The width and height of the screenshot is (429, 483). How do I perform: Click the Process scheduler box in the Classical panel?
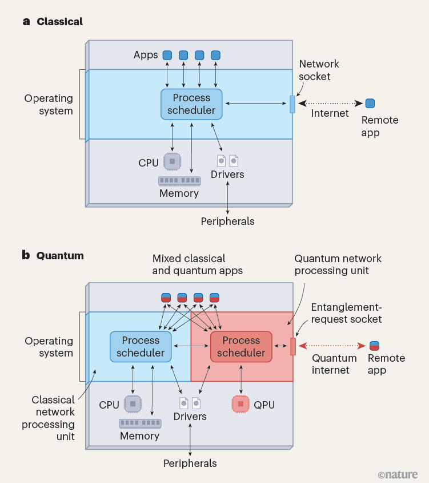[x=191, y=104]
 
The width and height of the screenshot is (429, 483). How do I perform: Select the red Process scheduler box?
[x=241, y=347]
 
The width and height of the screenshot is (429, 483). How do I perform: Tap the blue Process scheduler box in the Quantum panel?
[x=141, y=347]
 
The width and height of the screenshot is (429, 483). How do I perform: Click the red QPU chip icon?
[x=240, y=404]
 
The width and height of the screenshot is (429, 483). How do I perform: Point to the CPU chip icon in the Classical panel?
[x=172, y=162]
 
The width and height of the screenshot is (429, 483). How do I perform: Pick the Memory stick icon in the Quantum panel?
[x=139, y=423]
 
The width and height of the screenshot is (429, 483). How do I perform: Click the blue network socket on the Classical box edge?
[x=292, y=104]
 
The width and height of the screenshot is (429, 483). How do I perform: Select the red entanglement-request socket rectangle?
[x=293, y=347]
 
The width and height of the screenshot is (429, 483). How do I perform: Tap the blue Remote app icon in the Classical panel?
[x=370, y=104]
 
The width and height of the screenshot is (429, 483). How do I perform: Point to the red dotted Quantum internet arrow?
[x=331, y=346]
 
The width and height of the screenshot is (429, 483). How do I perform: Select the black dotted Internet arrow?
[x=331, y=104]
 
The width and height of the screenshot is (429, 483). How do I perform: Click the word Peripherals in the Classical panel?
[x=227, y=221]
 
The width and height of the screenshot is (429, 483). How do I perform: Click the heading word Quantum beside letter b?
[x=60, y=256]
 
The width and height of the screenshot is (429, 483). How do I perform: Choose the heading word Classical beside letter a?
[x=59, y=22]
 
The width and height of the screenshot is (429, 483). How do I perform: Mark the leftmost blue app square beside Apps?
[x=167, y=56]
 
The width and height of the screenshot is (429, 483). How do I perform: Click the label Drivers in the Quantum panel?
[x=190, y=417]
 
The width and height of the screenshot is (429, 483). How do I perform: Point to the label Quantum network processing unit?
[x=338, y=264]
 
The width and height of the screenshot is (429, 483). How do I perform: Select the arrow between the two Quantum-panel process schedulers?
[x=191, y=346]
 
